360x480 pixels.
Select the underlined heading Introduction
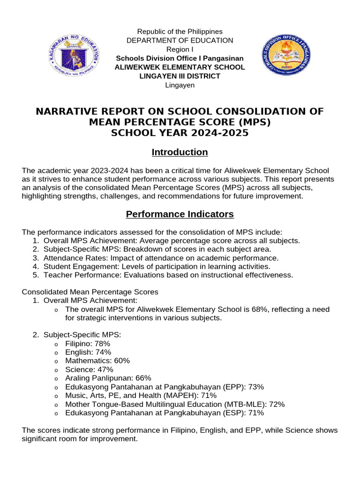(x=180, y=152)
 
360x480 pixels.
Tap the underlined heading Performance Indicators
(x=180, y=214)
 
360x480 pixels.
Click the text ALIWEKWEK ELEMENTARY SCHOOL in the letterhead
(x=180, y=67)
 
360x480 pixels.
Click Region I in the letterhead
(x=180, y=49)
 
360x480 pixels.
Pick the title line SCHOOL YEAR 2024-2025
(x=180, y=133)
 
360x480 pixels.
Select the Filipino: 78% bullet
(x=88, y=344)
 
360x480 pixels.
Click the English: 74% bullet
(x=88, y=352)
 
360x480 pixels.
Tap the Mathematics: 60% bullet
(x=97, y=360)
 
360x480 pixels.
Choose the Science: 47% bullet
(x=89, y=369)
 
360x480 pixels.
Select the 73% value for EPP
(x=255, y=387)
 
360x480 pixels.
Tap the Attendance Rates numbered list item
(x=161, y=258)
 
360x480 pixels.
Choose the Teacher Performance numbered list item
(x=168, y=275)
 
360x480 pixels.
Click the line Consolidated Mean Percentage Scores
(x=90, y=292)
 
